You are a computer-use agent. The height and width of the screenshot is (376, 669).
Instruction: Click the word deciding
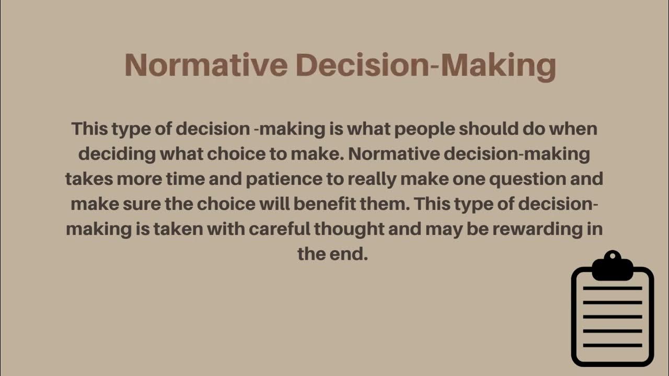pyautogui.click(x=117, y=154)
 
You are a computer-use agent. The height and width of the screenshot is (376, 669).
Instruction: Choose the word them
pyautogui.click(x=386, y=204)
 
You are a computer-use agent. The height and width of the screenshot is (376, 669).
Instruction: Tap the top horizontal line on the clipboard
pyautogui.click(x=612, y=288)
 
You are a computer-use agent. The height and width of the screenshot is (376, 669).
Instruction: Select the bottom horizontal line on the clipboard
pyautogui.click(x=612, y=345)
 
